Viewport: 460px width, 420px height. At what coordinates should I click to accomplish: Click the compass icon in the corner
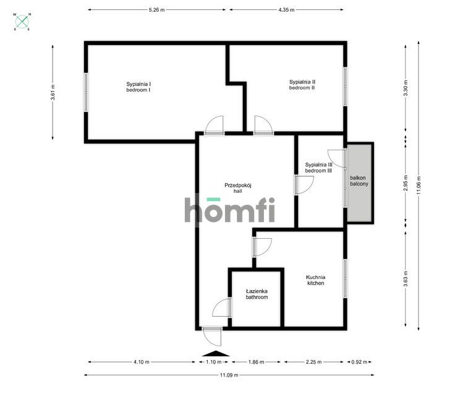23,22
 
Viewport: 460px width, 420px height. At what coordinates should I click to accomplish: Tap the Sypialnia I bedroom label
139,87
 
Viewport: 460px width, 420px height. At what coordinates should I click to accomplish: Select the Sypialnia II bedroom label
302,85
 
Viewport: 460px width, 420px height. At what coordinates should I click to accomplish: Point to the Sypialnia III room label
318,167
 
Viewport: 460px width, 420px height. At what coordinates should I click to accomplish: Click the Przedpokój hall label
237,187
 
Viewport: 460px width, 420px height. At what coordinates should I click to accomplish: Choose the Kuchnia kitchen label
315,280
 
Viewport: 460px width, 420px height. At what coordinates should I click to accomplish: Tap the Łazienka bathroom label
257,294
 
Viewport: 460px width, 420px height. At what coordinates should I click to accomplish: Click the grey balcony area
360,183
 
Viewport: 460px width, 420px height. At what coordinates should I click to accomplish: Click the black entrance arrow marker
215,353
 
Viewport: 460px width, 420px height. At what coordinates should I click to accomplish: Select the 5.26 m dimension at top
156,10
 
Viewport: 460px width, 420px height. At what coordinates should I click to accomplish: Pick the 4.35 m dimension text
286,10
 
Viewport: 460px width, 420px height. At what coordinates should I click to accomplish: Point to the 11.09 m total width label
229,375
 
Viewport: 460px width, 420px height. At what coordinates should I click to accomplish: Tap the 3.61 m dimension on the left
53,92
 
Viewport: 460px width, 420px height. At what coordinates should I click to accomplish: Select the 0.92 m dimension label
359,362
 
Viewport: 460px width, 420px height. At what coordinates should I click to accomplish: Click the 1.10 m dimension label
213,362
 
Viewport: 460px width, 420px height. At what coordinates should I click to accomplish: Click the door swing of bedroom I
215,126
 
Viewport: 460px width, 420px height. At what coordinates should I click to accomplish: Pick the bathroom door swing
221,308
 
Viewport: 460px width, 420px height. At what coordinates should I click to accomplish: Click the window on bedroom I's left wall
86,92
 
